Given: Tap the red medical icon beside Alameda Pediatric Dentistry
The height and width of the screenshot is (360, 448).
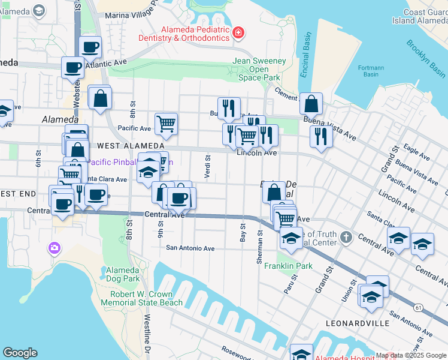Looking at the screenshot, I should click(238, 32).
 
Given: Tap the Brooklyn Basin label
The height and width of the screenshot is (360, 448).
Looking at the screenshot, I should click(425, 58).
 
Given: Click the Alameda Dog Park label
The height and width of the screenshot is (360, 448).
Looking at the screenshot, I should click(122, 275).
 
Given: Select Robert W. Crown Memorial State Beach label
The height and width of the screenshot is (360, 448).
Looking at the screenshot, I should click(141, 299).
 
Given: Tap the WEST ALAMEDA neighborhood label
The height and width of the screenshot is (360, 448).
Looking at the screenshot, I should click(122, 146).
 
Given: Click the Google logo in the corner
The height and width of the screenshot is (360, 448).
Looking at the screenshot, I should click(20, 353).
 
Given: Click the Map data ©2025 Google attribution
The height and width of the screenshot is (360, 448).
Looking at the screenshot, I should click(411, 355).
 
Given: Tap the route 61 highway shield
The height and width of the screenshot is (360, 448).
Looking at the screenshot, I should click(418, 307).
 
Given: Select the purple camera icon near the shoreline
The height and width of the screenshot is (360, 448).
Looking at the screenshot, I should click(55, 247).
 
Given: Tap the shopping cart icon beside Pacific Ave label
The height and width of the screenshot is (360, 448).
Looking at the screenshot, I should click(166, 124).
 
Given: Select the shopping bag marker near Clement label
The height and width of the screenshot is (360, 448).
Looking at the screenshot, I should click(311, 104).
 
